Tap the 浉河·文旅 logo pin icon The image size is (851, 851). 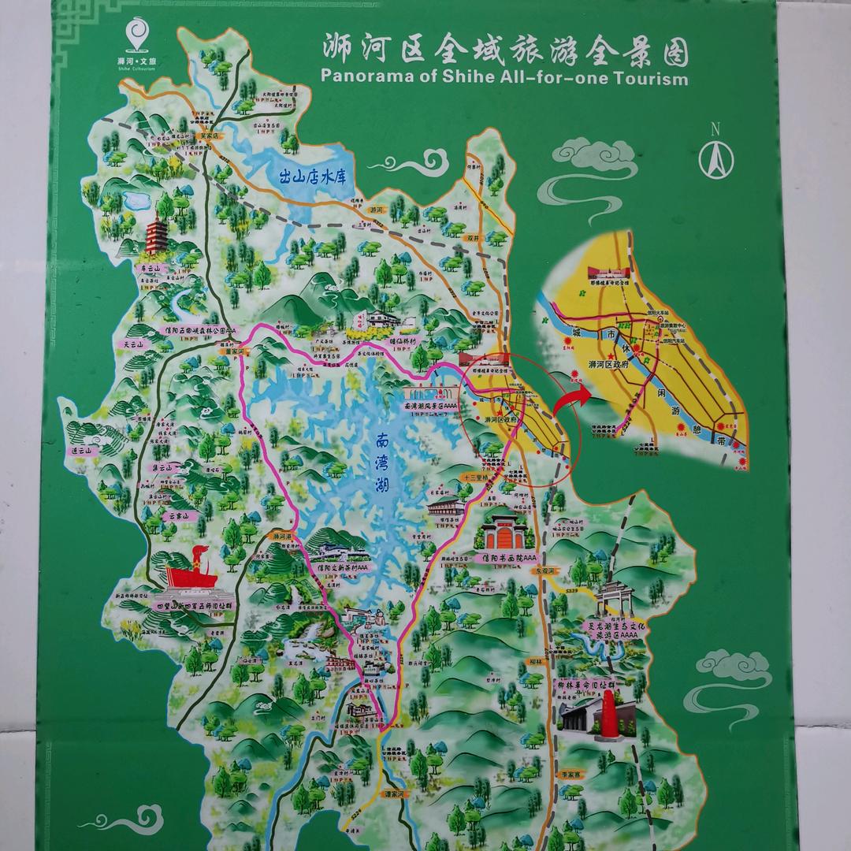[x=137, y=35]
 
